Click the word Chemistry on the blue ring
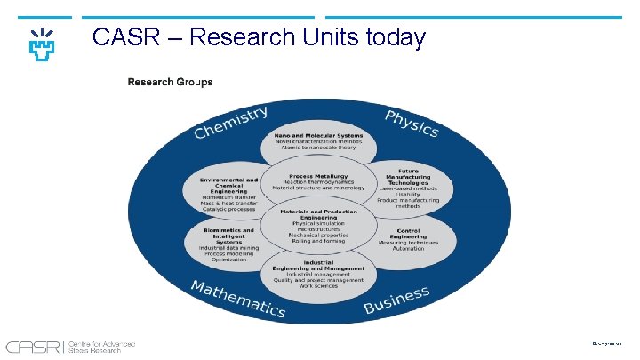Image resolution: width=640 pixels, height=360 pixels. coord(231,123)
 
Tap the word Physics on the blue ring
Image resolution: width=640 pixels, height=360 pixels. coord(412,124)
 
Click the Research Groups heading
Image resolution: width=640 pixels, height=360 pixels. coord(170,82)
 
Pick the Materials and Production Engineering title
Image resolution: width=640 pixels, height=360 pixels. coord(319,215)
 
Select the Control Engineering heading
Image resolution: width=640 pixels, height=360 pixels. coord(408,234)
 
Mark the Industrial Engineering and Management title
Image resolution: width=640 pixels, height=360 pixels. coord(319,265)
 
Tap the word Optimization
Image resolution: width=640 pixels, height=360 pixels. coord(228,260)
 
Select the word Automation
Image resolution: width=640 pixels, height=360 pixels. coord(408,248)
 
